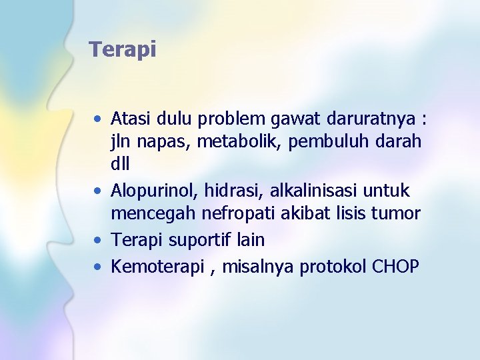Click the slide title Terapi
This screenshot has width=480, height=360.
123,49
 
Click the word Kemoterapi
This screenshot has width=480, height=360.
153,267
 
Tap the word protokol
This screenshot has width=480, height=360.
333,267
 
